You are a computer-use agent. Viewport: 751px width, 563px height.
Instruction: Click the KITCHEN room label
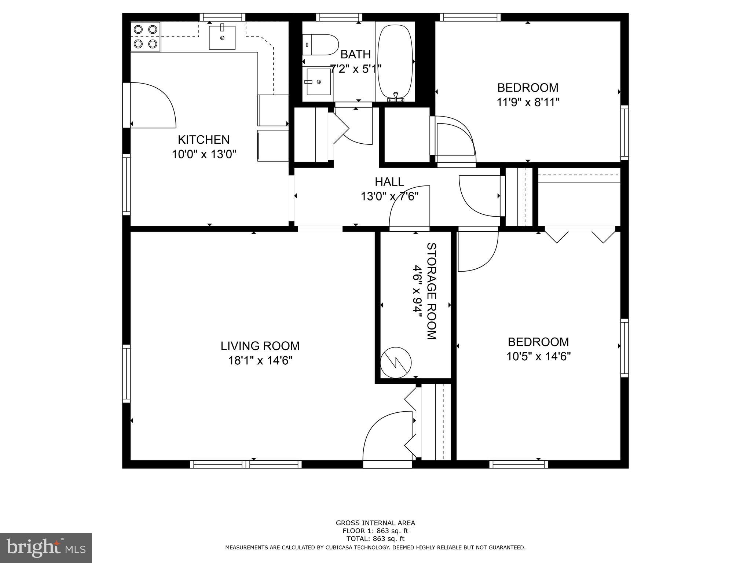click(x=204, y=140)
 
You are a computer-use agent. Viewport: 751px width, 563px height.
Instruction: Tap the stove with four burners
click(x=146, y=37)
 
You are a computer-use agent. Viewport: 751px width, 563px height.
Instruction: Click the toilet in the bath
click(x=320, y=45)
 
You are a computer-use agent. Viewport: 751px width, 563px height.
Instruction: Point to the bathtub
click(x=395, y=61)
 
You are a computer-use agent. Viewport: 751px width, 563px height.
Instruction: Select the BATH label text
click(x=355, y=54)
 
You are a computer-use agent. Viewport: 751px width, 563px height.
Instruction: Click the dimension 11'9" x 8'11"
click(x=528, y=102)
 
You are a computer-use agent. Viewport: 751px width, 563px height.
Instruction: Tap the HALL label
click(x=389, y=181)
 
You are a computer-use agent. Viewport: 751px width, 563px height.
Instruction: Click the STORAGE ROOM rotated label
click(x=431, y=291)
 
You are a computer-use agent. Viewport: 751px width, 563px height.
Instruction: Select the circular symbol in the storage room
click(x=396, y=363)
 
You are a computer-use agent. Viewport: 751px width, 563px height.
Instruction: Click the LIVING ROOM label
click(x=260, y=346)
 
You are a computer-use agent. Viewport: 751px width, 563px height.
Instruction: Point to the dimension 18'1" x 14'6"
click(x=260, y=361)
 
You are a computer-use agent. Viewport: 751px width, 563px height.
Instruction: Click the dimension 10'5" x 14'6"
click(x=538, y=356)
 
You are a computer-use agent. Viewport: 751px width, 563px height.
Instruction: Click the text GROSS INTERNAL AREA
click(x=375, y=523)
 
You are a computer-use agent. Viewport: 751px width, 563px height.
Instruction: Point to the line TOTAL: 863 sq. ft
click(x=375, y=538)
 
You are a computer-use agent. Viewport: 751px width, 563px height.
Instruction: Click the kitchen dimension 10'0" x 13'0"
click(x=204, y=154)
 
